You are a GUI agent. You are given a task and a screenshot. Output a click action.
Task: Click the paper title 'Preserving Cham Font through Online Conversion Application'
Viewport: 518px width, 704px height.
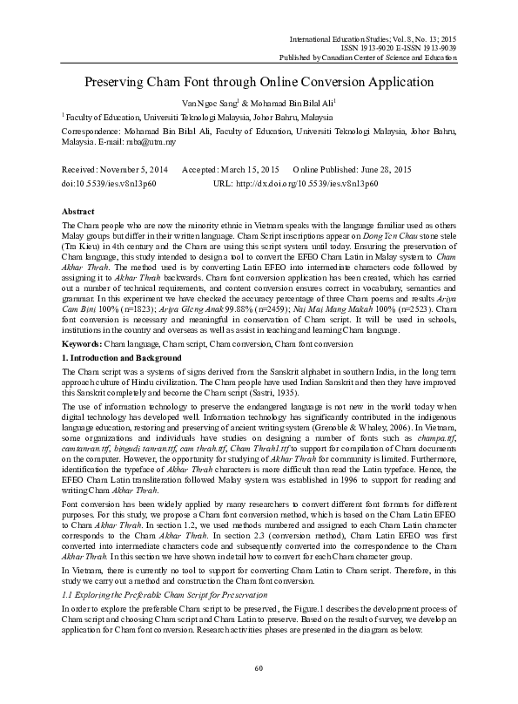[x=259, y=83]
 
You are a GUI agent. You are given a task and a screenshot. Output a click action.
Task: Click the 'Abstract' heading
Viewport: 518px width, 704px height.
[x=80, y=212]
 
